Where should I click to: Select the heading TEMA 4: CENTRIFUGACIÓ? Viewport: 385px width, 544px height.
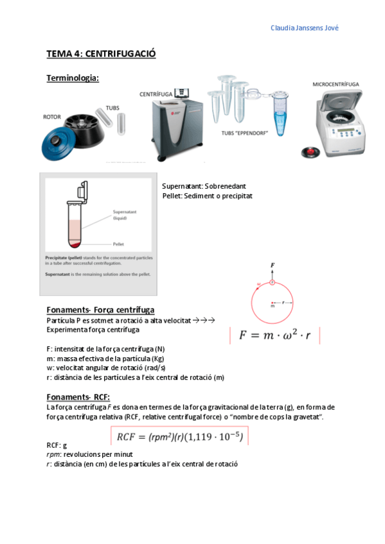tap(101, 54)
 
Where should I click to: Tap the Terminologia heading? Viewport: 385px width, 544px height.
tap(73, 78)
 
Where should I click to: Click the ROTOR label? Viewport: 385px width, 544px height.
tap(51, 117)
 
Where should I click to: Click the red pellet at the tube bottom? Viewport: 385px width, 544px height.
tap(75, 244)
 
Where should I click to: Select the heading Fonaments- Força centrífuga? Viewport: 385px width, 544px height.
tap(100, 310)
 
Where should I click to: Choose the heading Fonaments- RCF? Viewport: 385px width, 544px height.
tap(78, 396)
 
